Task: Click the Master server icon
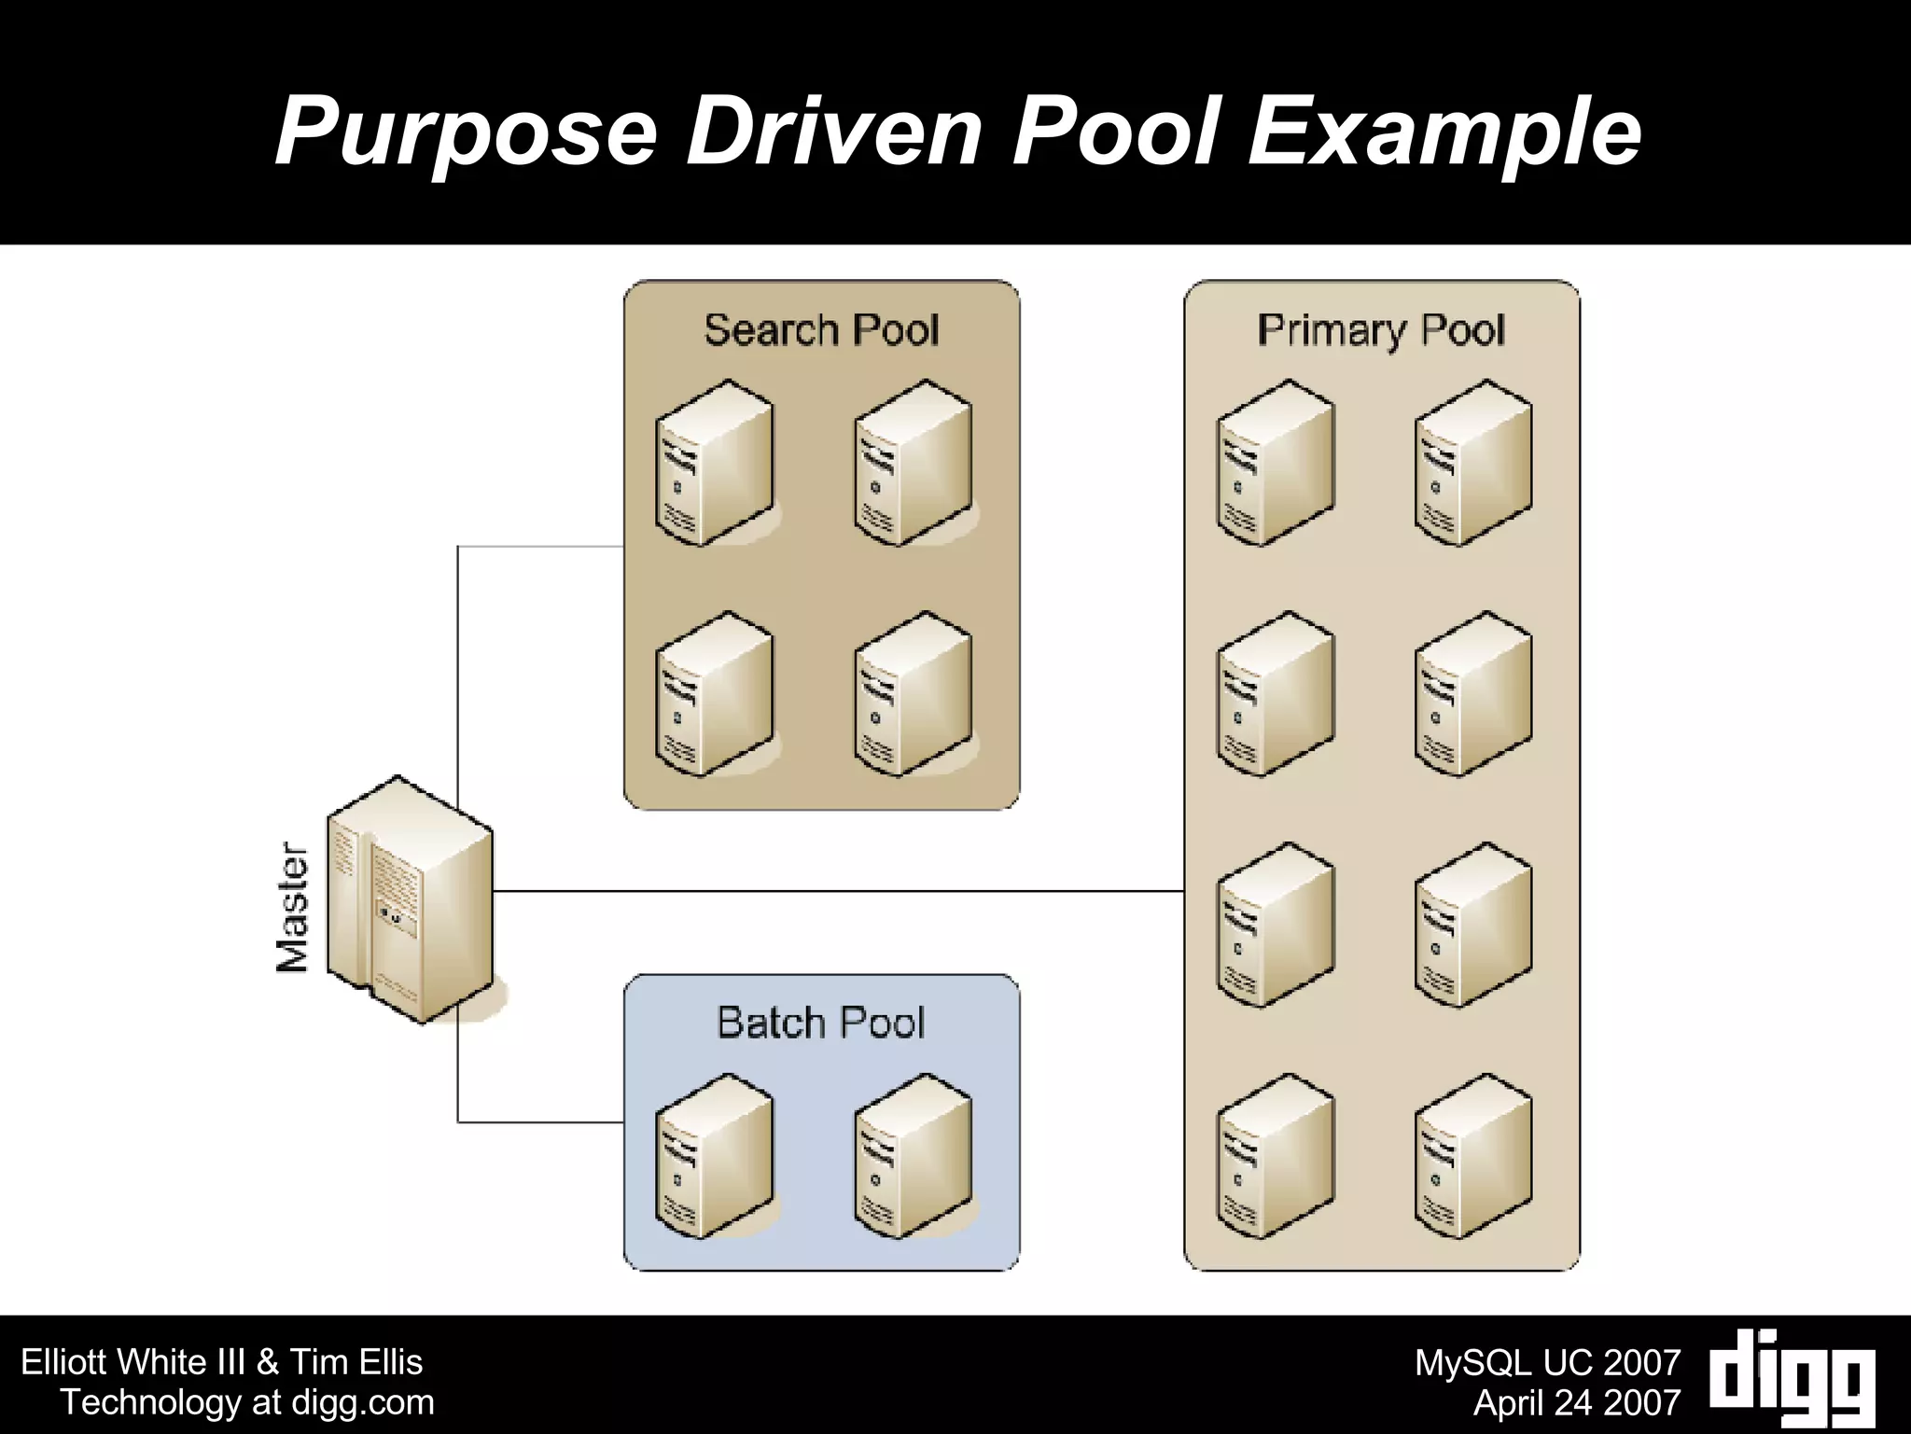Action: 409,900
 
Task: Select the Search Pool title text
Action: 820,330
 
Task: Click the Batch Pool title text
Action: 820,1023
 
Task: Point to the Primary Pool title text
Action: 1381,330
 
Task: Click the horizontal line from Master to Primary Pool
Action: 840,891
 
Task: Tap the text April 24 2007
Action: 1576,1402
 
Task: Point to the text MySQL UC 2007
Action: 1547,1363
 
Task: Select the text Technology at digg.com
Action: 247,1402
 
